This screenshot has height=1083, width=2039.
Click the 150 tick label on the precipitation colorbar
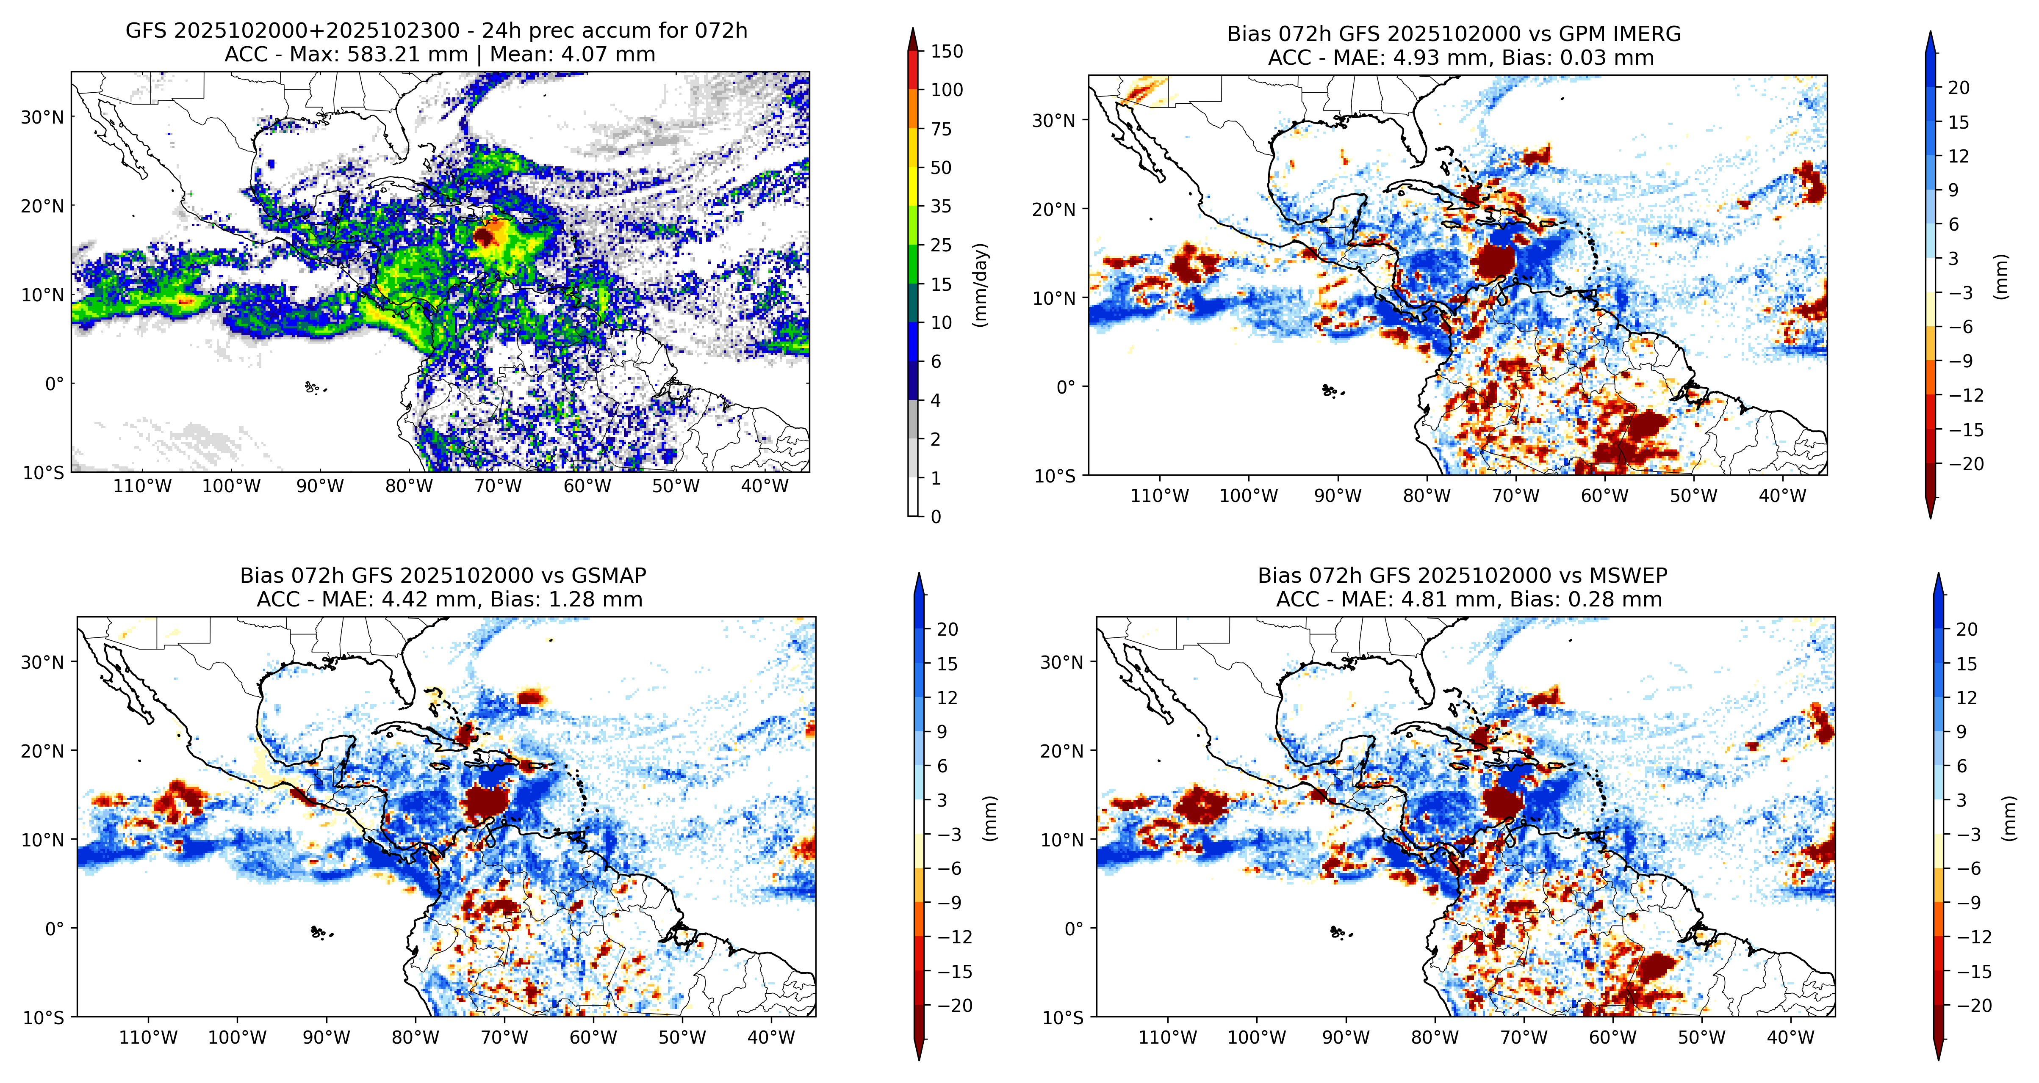pos(947,52)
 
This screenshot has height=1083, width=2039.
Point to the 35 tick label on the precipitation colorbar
pos(941,207)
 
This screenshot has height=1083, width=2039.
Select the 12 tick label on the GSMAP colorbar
pos(947,698)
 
